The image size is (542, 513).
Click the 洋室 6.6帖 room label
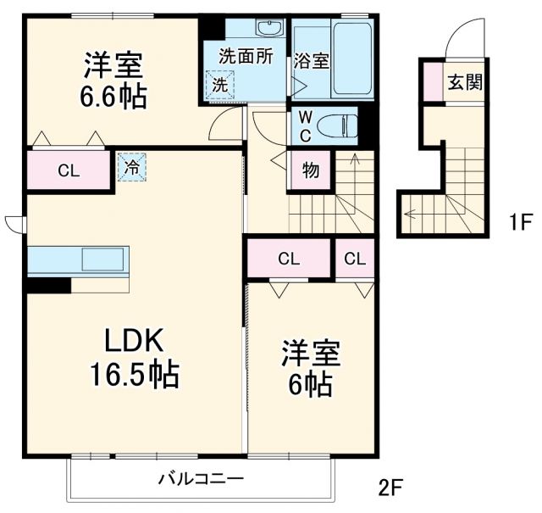click(x=113, y=80)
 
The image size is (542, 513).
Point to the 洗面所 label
click(x=245, y=57)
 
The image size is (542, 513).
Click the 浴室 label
click(x=311, y=61)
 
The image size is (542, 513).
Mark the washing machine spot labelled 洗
click(x=219, y=86)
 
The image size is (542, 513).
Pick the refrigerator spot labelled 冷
click(x=131, y=167)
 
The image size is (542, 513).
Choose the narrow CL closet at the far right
click(x=355, y=259)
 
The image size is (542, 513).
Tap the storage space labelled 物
click(x=310, y=170)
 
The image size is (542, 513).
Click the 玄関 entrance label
click(x=464, y=82)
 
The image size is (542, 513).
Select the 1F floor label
click(x=518, y=223)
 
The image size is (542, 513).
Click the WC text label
click(x=302, y=126)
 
